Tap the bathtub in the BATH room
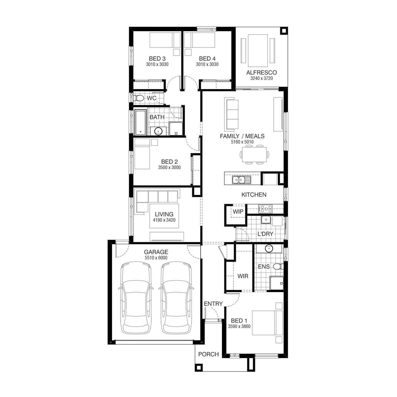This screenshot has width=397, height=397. [141, 122]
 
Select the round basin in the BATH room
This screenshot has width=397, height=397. [158, 131]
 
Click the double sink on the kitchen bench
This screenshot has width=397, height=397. [239, 180]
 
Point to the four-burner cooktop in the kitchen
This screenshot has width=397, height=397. [265, 209]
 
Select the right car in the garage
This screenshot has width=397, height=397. [176, 298]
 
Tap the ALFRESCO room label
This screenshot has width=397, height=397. [261, 73]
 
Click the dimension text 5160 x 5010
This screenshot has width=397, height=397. [242, 142]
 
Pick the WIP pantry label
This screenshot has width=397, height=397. [238, 211]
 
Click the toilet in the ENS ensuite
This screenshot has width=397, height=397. [278, 266]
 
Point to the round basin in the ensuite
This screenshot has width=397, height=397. [269, 249]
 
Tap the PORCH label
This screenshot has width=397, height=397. [209, 354]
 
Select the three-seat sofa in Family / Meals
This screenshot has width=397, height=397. [231, 114]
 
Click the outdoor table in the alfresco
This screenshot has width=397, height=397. [258, 51]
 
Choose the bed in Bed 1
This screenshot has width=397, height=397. [267, 323]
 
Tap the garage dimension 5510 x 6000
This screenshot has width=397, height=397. [156, 258]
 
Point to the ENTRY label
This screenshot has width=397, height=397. [213, 304]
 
